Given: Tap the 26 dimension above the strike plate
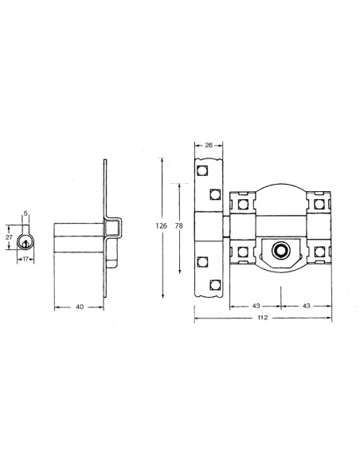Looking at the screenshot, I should click(x=209, y=145).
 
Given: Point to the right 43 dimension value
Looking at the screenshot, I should click(x=307, y=306).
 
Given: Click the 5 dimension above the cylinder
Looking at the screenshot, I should click(x=25, y=213).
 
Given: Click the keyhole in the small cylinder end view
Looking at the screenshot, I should click(x=25, y=240).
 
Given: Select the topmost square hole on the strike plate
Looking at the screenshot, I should click(x=203, y=169).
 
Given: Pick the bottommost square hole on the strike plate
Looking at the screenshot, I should click(x=214, y=284).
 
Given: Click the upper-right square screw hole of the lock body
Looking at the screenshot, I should click(x=319, y=204).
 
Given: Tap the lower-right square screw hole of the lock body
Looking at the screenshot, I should click(x=319, y=252).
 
